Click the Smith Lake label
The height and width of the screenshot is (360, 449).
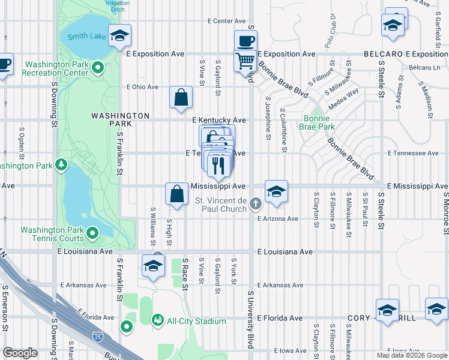(x=86, y=36)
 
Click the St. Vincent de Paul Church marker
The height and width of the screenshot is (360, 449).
(x=256, y=204)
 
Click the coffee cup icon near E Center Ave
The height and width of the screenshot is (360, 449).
(x=246, y=41)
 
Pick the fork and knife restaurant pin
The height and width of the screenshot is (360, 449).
(x=218, y=164)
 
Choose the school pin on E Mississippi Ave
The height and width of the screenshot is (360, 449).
(x=276, y=191)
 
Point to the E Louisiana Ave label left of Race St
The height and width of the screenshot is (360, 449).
(x=85, y=252)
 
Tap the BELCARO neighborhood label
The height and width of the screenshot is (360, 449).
(x=383, y=54)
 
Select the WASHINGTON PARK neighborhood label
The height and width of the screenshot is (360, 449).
(x=120, y=119)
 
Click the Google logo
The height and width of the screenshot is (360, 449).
(x=20, y=353)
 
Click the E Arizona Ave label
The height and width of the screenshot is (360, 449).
(x=278, y=219)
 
